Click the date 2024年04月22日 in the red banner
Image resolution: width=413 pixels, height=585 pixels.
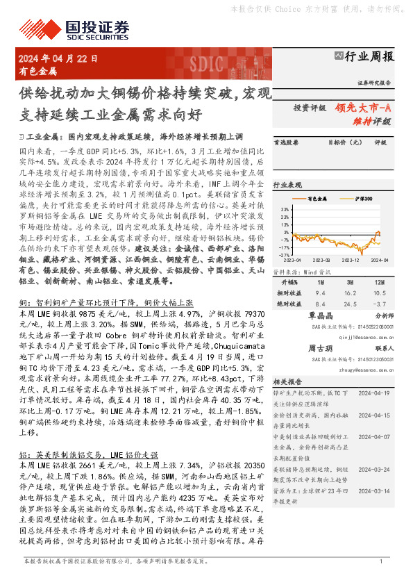(x=58, y=59)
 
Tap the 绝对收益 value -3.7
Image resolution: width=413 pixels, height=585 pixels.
(x=379, y=303)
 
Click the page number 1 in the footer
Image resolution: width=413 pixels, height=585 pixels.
(x=382, y=561)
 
